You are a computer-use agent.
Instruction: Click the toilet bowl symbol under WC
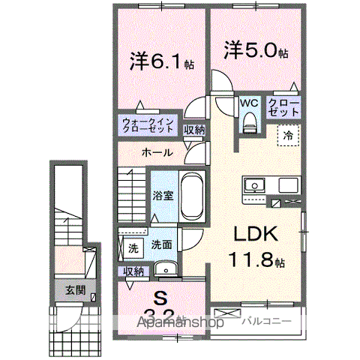[250, 121]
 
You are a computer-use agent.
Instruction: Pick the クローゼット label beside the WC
[283, 106]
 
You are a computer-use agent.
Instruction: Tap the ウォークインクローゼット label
[148, 124]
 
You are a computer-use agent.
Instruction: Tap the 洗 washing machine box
[132, 247]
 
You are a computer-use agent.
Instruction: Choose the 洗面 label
[162, 244]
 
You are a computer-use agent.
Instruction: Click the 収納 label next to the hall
[195, 130]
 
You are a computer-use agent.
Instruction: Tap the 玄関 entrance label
[73, 289]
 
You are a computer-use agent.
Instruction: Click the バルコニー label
[261, 320]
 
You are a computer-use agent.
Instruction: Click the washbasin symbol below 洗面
[163, 269]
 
